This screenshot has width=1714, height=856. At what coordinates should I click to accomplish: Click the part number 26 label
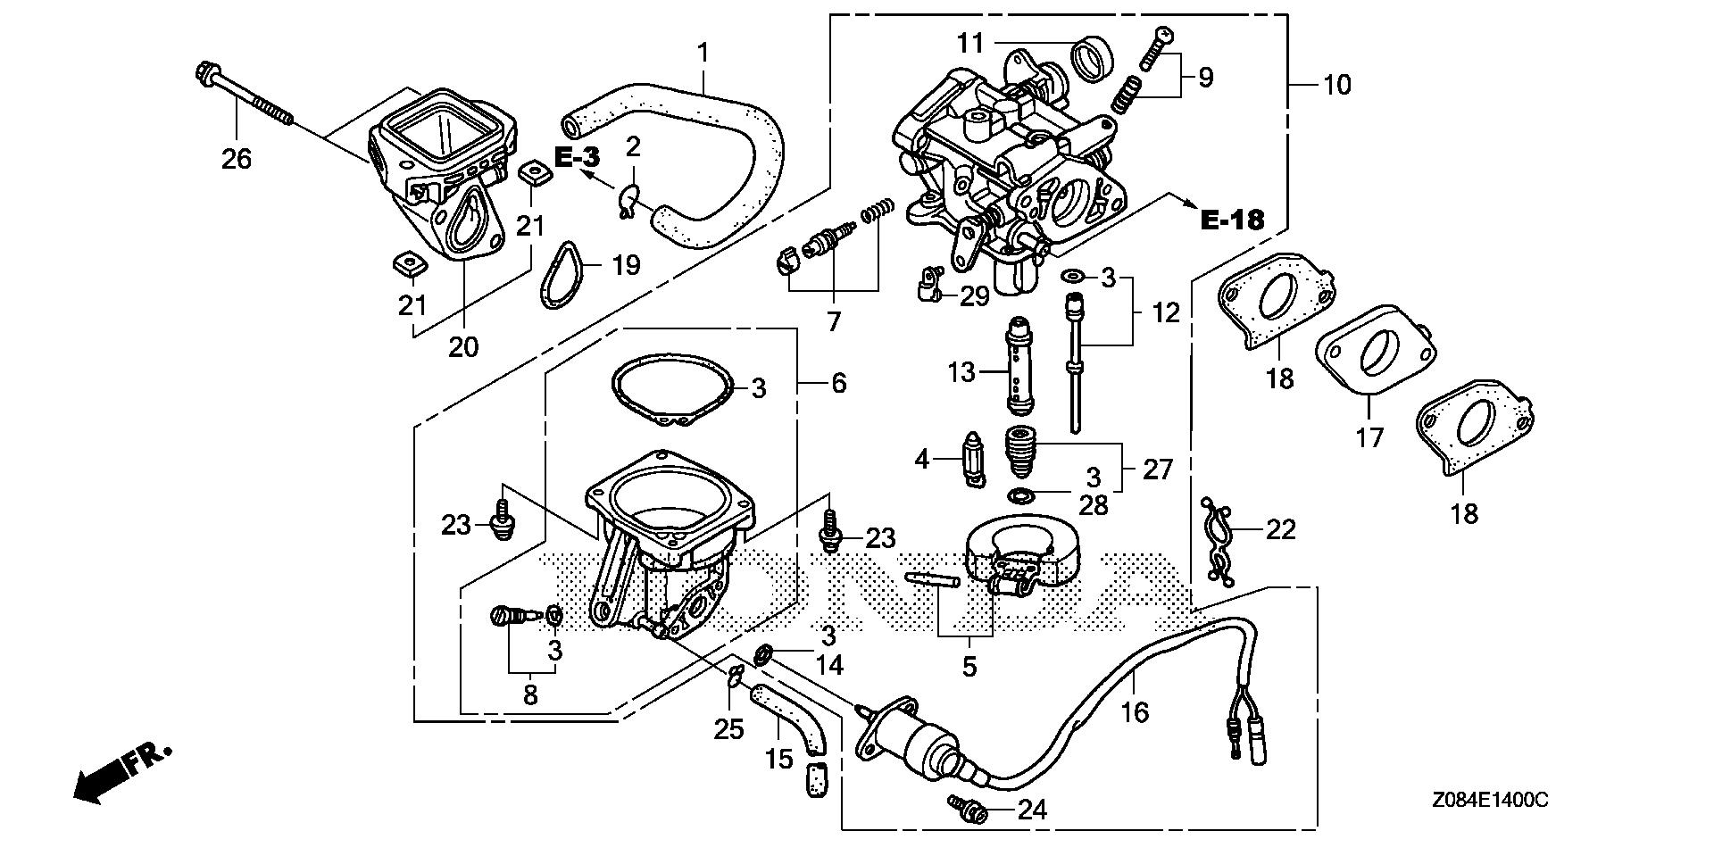point(237,159)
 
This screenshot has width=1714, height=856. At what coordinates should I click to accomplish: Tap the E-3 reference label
point(577,158)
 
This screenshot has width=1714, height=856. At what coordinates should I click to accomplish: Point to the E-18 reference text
point(1232,220)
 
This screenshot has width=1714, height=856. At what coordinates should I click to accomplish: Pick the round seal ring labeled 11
point(1092,58)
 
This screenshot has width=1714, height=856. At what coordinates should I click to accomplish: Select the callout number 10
point(1336,86)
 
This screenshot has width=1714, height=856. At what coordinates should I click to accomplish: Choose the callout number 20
point(463,346)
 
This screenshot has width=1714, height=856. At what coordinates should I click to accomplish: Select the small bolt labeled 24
point(968,810)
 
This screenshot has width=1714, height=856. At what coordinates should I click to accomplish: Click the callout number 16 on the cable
point(1135,711)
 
